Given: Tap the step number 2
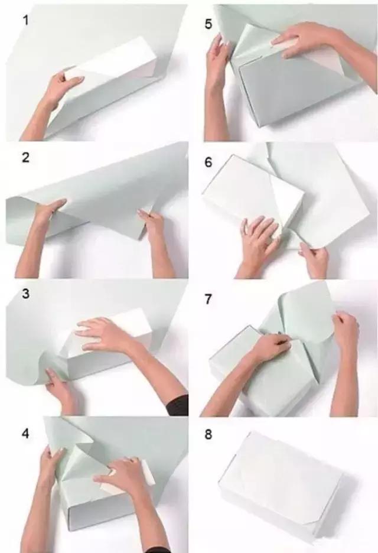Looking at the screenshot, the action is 25,157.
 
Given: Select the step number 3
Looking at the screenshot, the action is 25,294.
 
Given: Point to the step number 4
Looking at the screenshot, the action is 25,433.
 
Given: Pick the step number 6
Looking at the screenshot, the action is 208,162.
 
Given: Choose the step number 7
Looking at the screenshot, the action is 208,299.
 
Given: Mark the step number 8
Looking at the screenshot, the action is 208,434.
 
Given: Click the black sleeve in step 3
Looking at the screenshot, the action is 177,405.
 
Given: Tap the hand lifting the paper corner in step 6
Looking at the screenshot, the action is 314,258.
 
